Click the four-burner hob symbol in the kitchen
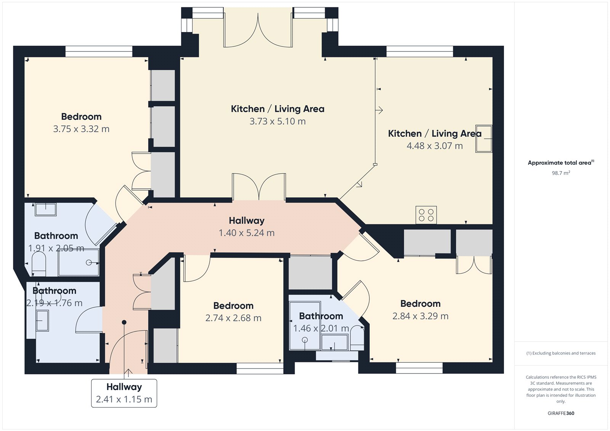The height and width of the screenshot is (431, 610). pos(426,215)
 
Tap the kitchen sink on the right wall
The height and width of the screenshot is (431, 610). pos(483,139)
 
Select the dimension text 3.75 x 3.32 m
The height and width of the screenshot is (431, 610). pos(81,129)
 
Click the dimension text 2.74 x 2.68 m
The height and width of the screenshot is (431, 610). pos(233,318)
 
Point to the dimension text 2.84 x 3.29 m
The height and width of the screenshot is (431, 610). pos(420,316)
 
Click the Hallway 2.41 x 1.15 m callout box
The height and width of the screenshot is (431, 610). pos(124,393)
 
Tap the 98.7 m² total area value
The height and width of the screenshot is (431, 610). pos(561,173)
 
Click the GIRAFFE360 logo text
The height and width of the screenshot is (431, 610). pos(561,413)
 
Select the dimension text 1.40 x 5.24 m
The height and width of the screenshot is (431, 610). pos(246,233)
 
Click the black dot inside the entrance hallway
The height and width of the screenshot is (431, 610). pos(124,322)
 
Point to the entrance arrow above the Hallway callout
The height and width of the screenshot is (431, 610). pos(128,373)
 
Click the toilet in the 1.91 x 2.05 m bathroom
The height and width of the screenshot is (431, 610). pos(39,264)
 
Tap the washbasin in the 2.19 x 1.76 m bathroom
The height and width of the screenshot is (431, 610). pos(42,320)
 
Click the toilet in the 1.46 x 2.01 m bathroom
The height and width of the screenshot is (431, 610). pos(357,338)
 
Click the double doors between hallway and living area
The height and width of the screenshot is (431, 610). pos(259,187)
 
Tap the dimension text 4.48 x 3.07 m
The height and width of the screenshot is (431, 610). pos(435,146)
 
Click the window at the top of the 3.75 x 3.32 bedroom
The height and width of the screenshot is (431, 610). pos(99,51)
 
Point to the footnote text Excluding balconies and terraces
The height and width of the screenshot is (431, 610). pos(561,353)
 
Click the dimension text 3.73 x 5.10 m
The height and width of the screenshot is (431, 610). pos(278,122)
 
